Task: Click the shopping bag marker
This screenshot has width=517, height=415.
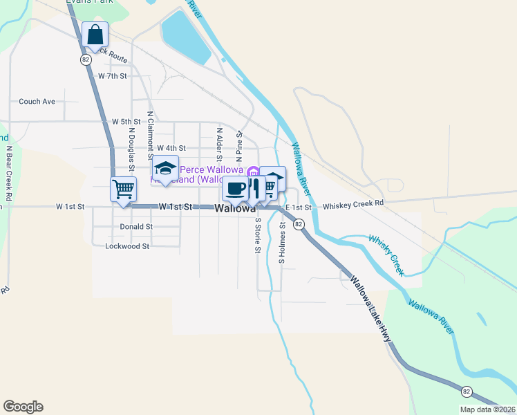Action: click(x=95, y=35)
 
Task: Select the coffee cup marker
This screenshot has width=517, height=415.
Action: click(x=236, y=188)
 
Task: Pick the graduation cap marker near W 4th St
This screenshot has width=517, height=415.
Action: click(x=164, y=169)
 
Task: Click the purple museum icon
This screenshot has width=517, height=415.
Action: click(x=252, y=172)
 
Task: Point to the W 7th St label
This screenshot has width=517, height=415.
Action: click(x=113, y=75)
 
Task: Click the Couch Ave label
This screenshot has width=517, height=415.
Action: click(x=37, y=101)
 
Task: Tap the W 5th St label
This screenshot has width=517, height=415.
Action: click(x=126, y=121)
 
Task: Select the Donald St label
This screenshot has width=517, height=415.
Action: click(x=136, y=226)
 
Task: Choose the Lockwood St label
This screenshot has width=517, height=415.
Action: click(x=127, y=246)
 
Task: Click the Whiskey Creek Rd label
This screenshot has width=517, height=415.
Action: click(x=352, y=205)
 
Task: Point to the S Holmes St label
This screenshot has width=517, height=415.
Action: click(x=282, y=243)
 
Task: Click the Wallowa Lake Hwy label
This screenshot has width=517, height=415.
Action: click(x=369, y=309)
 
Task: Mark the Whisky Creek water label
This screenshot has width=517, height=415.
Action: click(x=386, y=255)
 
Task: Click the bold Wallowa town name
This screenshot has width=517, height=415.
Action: click(x=235, y=209)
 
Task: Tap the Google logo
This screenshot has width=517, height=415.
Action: click(x=23, y=407)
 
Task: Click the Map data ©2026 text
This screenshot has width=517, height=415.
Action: click(x=487, y=409)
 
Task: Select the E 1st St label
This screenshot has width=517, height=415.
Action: click(x=299, y=207)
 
